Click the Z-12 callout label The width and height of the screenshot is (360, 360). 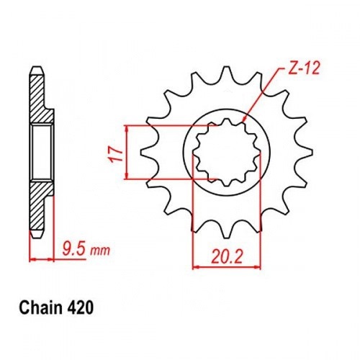(x=302, y=68)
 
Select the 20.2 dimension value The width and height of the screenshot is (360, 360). (x=227, y=257)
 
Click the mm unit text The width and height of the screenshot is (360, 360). (x=100, y=251)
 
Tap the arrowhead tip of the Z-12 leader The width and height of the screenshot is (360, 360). (x=243, y=123)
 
